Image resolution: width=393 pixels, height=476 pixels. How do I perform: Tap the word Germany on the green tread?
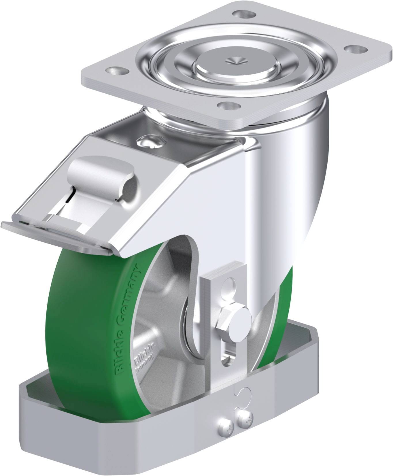click(x=130, y=294)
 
